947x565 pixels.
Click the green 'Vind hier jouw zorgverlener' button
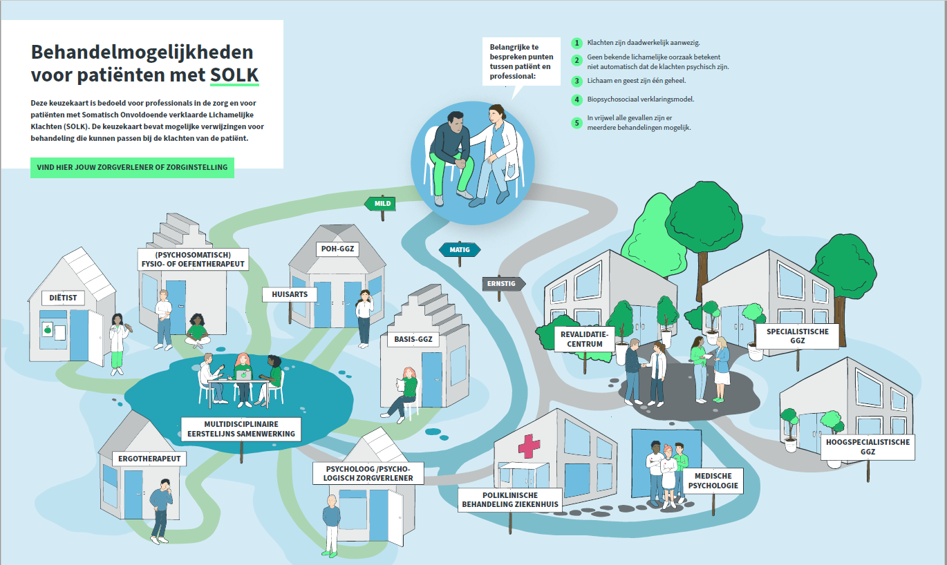[x=132, y=167]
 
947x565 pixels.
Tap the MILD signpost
[x=380, y=203]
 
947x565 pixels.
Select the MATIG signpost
[x=460, y=250]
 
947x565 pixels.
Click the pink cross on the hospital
[x=529, y=446]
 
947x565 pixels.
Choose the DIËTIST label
[x=63, y=298]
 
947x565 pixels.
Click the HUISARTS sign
[x=290, y=294]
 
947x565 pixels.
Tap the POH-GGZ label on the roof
[x=337, y=249]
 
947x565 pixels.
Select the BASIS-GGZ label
[x=413, y=339]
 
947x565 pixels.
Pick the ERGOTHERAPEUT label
[x=149, y=459]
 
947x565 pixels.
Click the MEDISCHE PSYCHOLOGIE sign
[x=713, y=481]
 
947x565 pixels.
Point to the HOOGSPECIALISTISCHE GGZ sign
[x=868, y=447]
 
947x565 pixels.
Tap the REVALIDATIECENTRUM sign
[x=584, y=339]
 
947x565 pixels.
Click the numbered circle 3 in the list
[x=576, y=81]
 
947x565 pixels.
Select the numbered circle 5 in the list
[x=576, y=123]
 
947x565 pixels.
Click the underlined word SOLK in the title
[x=234, y=75]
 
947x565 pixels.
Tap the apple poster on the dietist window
[x=47, y=329]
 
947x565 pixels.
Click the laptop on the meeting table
[x=243, y=375]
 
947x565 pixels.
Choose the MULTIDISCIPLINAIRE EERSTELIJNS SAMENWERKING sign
[x=241, y=429]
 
